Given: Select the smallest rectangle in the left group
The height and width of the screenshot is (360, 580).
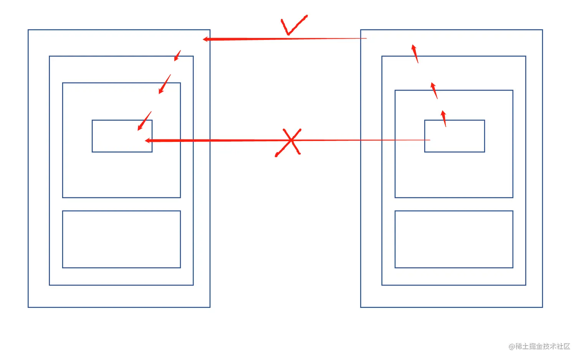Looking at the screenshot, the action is pyautogui.click(x=122, y=136).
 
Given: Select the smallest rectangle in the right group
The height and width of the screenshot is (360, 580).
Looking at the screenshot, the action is pyautogui.click(x=454, y=136).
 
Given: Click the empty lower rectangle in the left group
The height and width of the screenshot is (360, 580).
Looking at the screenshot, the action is pyautogui.click(x=121, y=239).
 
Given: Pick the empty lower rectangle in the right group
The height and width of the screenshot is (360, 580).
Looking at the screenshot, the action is pyautogui.click(x=454, y=239).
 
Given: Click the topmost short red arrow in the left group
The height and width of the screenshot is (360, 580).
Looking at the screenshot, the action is pyautogui.click(x=177, y=56).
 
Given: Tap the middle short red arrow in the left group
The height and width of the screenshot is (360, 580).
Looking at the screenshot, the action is pyautogui.click(x=165, y=84).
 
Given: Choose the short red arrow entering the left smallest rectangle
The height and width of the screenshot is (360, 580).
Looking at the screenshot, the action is pyautogui.click(x=145, y=121).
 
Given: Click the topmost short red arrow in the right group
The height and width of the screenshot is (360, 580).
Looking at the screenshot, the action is pyautogui.click(x=415, y=53).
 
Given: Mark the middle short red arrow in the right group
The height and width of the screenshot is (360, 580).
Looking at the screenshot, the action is pyautogui.click(x=434, y=90).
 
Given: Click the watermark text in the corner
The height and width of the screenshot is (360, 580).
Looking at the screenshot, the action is pyautogui.click(x=539, y=346).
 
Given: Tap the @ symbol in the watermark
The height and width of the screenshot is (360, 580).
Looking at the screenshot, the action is pyautogui.click(x=512, y=347).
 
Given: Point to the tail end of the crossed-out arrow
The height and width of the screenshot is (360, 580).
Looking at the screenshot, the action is pyautogui.click(x=429, y=140).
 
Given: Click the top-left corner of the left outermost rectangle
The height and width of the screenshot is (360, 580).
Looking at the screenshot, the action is pyautogui.click(x=28, y=30).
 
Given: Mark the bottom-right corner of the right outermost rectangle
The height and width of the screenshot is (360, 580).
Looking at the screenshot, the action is pyautogui.click(x=542, y=307).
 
